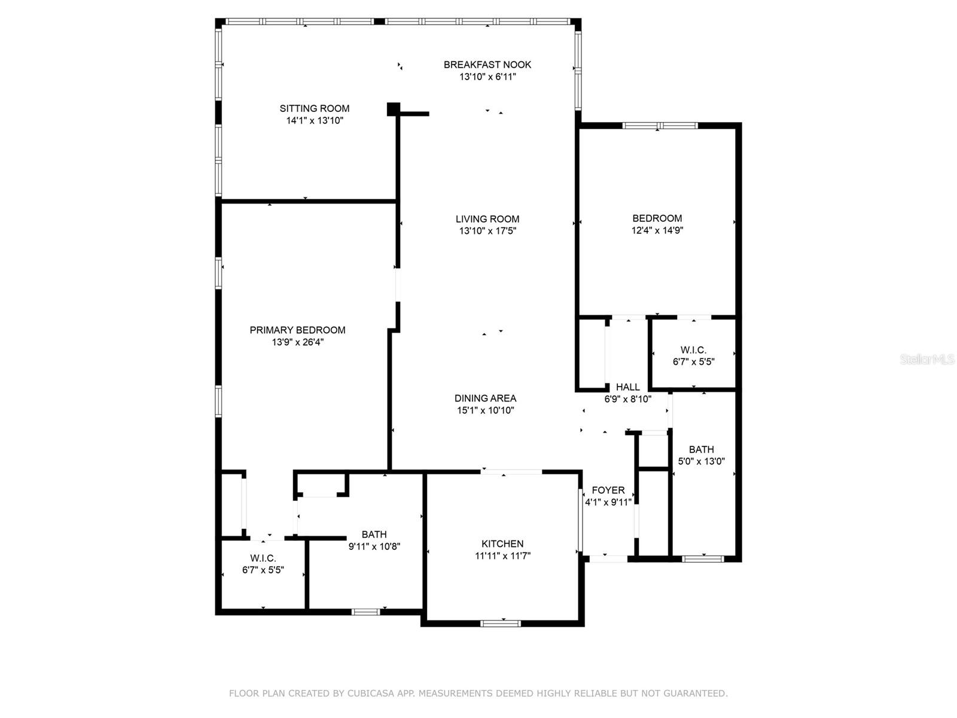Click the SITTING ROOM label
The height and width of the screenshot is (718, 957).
click(314, 108)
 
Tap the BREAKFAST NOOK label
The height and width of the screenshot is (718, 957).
click(487, 65)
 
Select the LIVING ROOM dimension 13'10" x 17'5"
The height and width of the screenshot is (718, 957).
click(487, 231)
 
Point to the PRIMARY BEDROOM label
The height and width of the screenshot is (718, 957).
click(297, 330)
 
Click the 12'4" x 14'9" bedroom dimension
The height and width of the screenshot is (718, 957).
click(657, 230)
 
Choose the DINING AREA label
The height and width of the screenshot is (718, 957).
click(485, 398)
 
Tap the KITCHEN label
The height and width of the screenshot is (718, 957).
click(502, 543)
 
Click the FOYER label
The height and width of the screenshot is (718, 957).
click(608, 490)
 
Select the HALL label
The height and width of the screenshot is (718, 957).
click(627, 387)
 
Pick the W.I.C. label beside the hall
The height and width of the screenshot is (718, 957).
click(693, 350)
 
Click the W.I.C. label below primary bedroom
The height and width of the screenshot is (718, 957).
click(263, 558)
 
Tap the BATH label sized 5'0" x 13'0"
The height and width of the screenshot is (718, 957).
click(701, 449)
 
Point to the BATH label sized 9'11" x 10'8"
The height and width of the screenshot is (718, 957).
click(374, 534)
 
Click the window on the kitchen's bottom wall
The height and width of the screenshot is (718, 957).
click(501, 623)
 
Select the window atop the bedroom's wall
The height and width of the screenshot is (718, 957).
click(660, 126)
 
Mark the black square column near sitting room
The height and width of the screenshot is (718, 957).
click(393, 109)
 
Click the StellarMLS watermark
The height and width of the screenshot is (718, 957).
click(926, 360)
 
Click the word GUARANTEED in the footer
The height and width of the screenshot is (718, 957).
click(695, 693)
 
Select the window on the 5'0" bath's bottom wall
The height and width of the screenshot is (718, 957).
click(703, 559)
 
